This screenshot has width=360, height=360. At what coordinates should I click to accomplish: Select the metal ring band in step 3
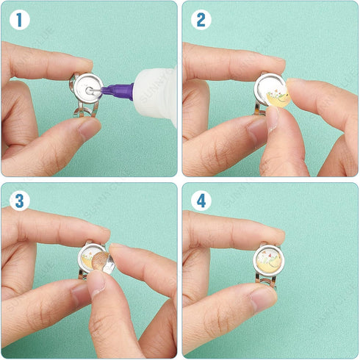point(83,283)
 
